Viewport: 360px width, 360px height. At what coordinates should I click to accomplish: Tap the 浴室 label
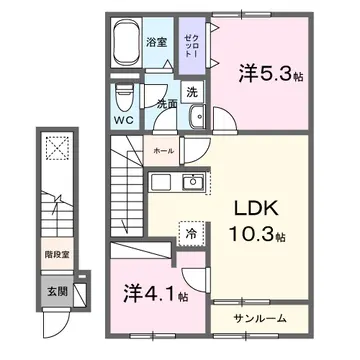(155, 44)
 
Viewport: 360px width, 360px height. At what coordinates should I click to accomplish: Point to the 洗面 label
(165, 102)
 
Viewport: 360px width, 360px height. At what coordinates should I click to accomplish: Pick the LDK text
(255, 211)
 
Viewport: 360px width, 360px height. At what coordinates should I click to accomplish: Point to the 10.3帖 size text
(258, 237)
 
